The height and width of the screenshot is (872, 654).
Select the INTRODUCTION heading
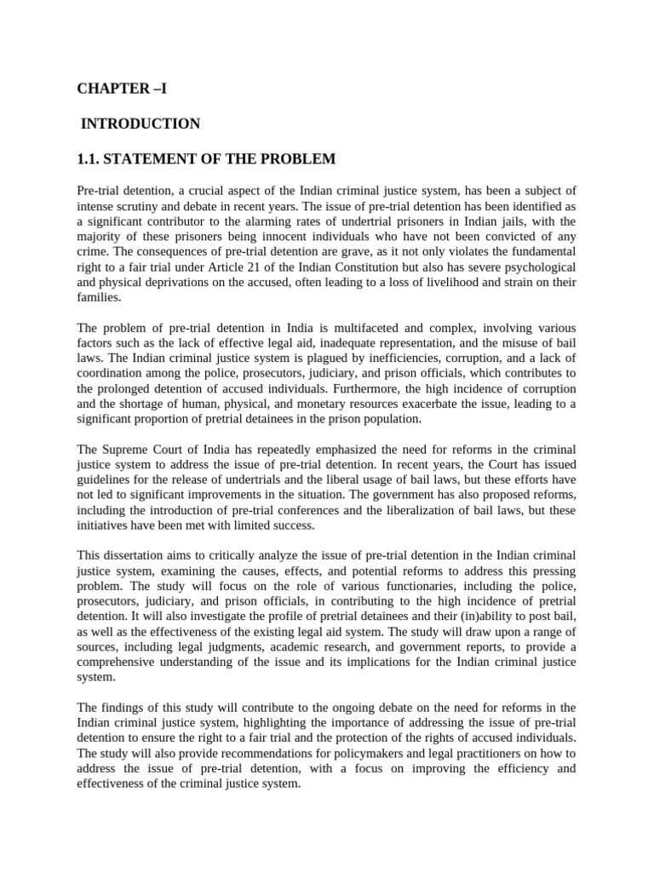pos(141,124)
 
